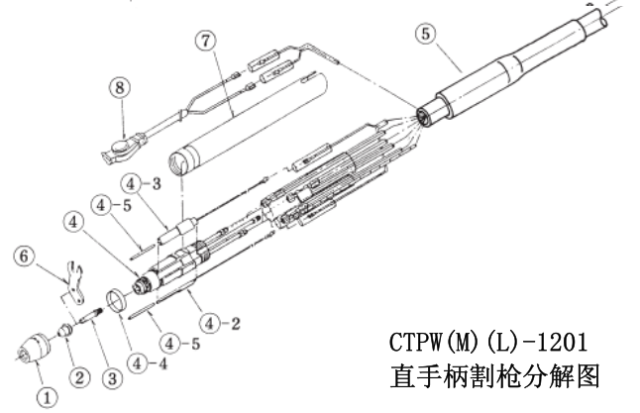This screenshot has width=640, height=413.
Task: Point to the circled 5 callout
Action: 425,33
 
